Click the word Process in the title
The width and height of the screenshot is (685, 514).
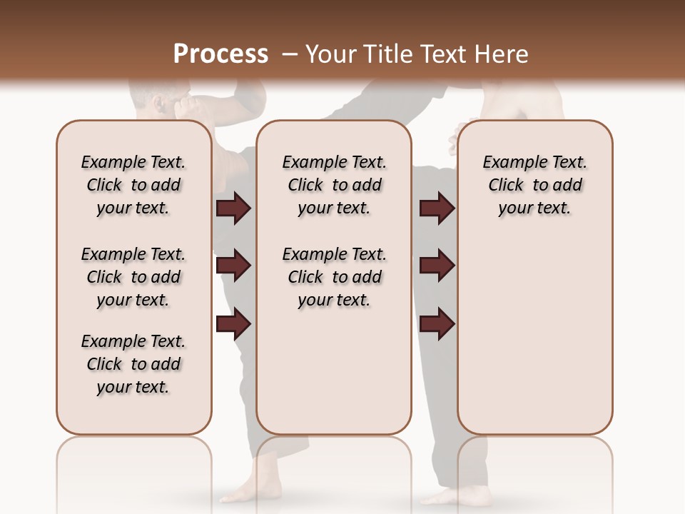click(x=220, y=54)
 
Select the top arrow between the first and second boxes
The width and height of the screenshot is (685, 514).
click(x=233, y=208)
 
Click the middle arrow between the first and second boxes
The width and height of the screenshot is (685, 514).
click(x=233, y=266)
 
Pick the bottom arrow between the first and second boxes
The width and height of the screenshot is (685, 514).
click(x=233, y=323)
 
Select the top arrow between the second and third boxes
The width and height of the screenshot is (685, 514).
click(x=437, y=208)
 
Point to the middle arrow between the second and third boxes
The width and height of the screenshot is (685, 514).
click(x=437, y=266)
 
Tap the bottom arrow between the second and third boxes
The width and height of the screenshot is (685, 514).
click(x=437, y=323)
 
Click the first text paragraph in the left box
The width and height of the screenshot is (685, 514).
click(x=133, y=185)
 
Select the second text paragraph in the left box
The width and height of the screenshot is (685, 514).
click(x=133, y=277)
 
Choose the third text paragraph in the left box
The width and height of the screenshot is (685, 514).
click(x=133, y=364)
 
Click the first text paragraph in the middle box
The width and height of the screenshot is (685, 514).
click(x=334, y=185)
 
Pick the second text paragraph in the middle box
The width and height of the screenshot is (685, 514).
click(x=334, y=277)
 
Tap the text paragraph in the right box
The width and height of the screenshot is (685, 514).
click(x=535, y=185)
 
